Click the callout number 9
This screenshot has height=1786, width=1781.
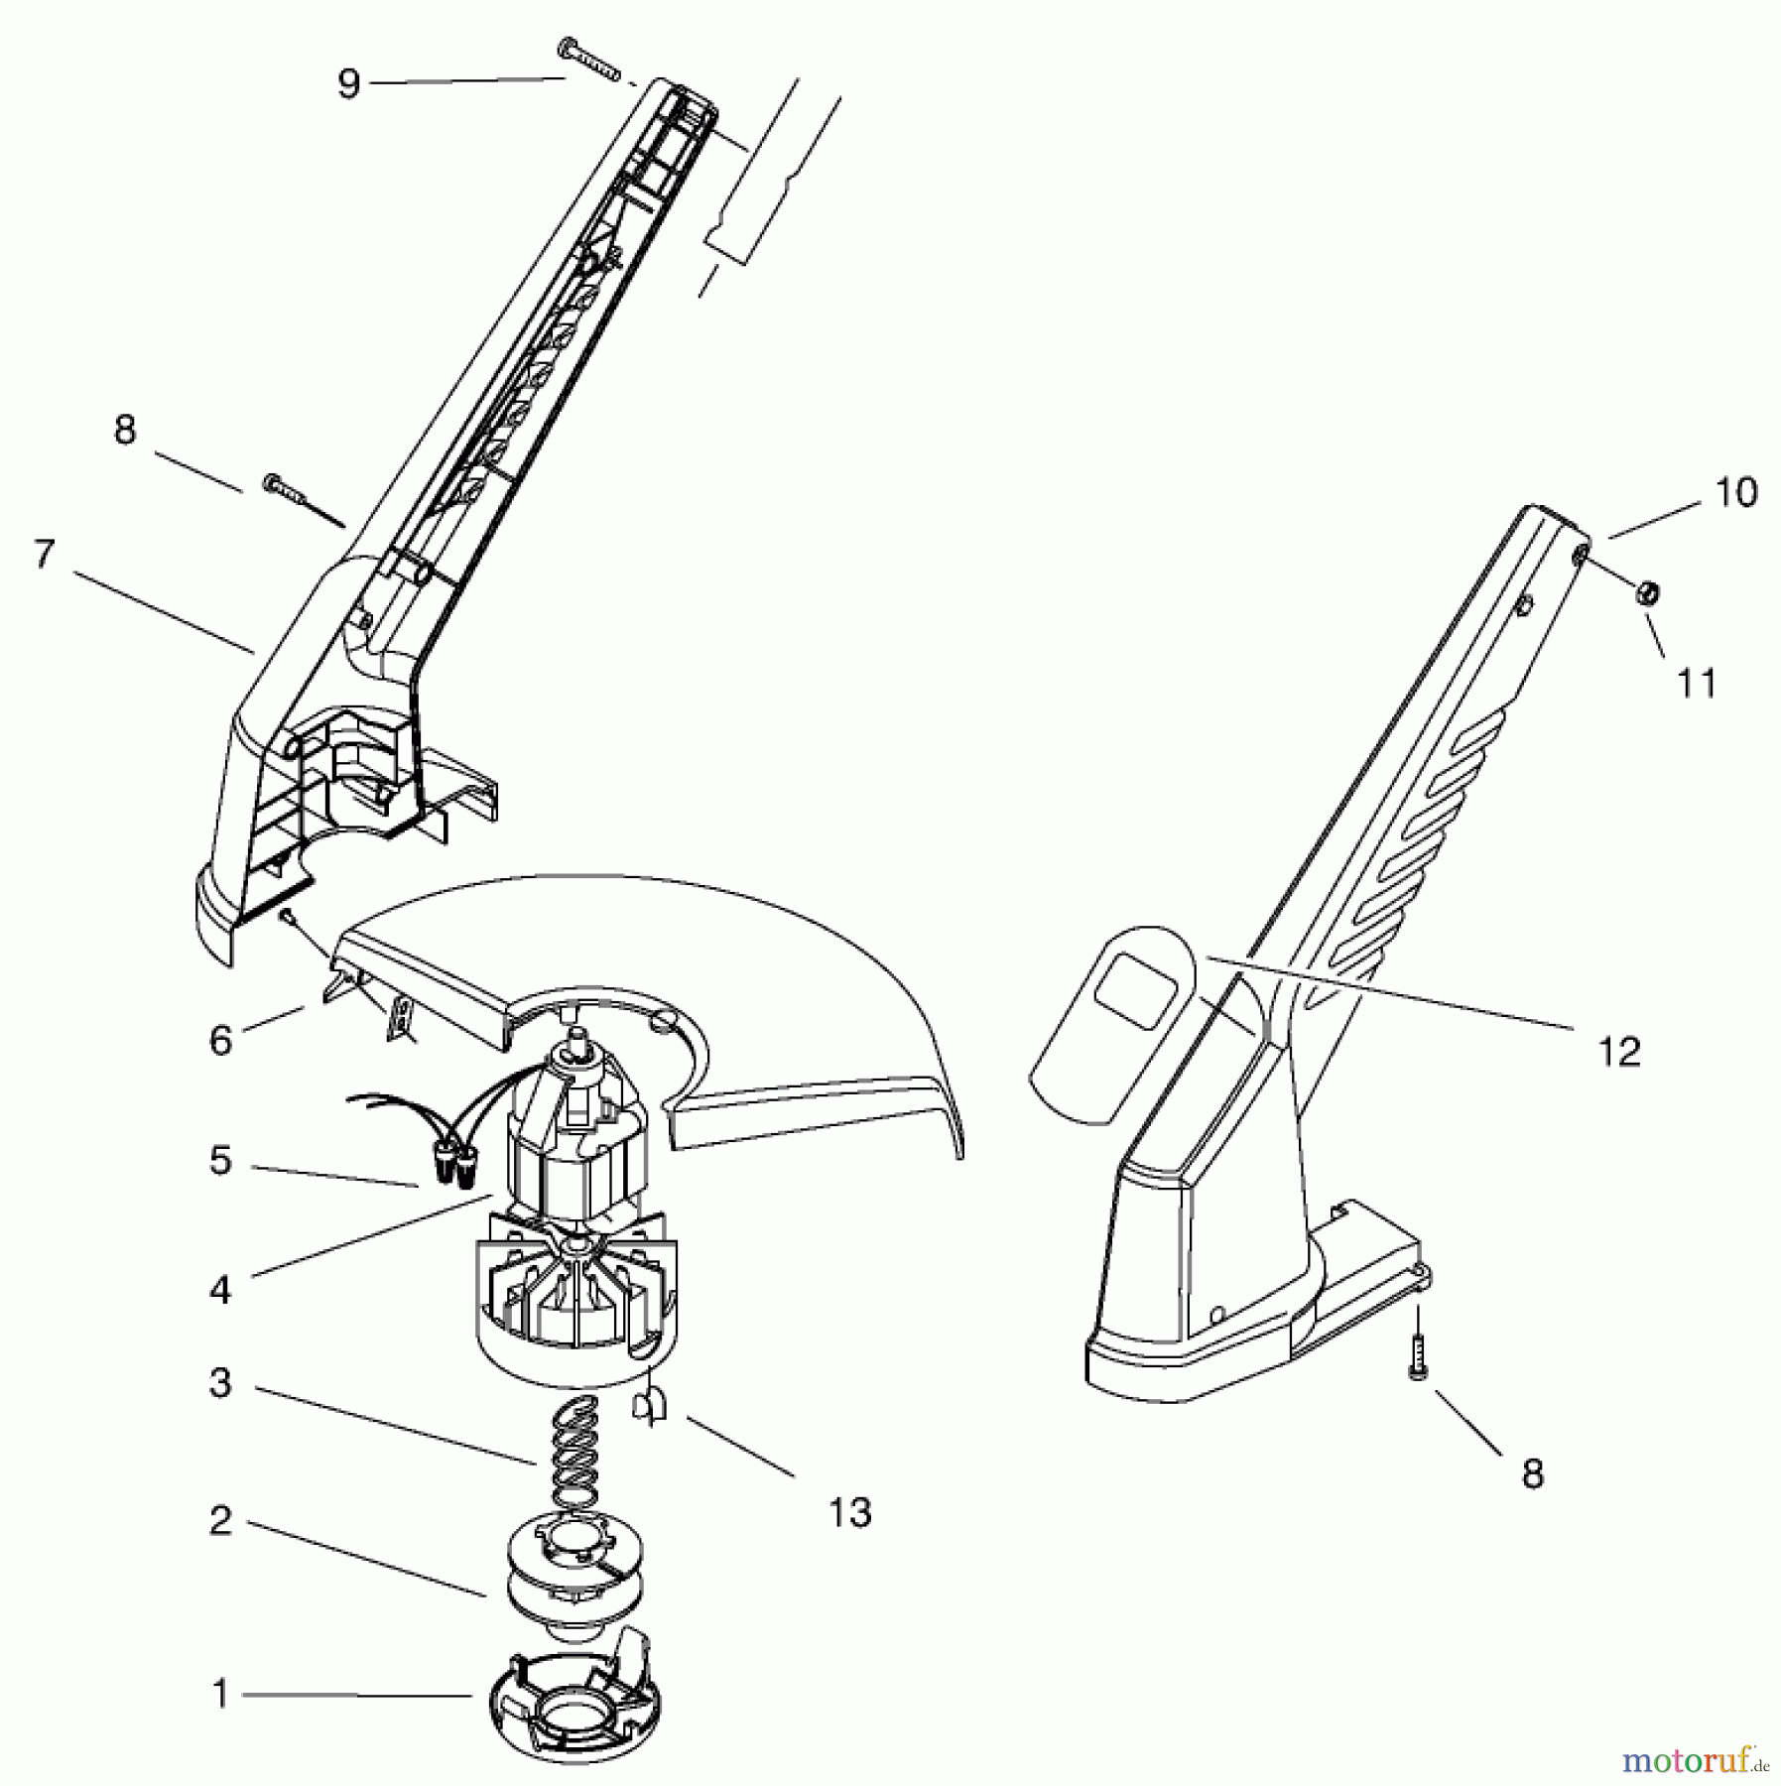coord(347,83)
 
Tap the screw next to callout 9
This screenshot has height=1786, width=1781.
coord(589,59)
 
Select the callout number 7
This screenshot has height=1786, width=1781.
coord(43,555)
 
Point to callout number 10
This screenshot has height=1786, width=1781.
coord(1735,492)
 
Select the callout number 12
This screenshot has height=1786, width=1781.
coord(1619,1052)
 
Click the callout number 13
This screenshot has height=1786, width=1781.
coord(849,1513)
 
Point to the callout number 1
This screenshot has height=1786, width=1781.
coord(220,1695)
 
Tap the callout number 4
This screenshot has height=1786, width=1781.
coord(220,1290)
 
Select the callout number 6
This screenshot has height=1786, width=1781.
coord(220,1041)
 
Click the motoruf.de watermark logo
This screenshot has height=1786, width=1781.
coord(1693,1759)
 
